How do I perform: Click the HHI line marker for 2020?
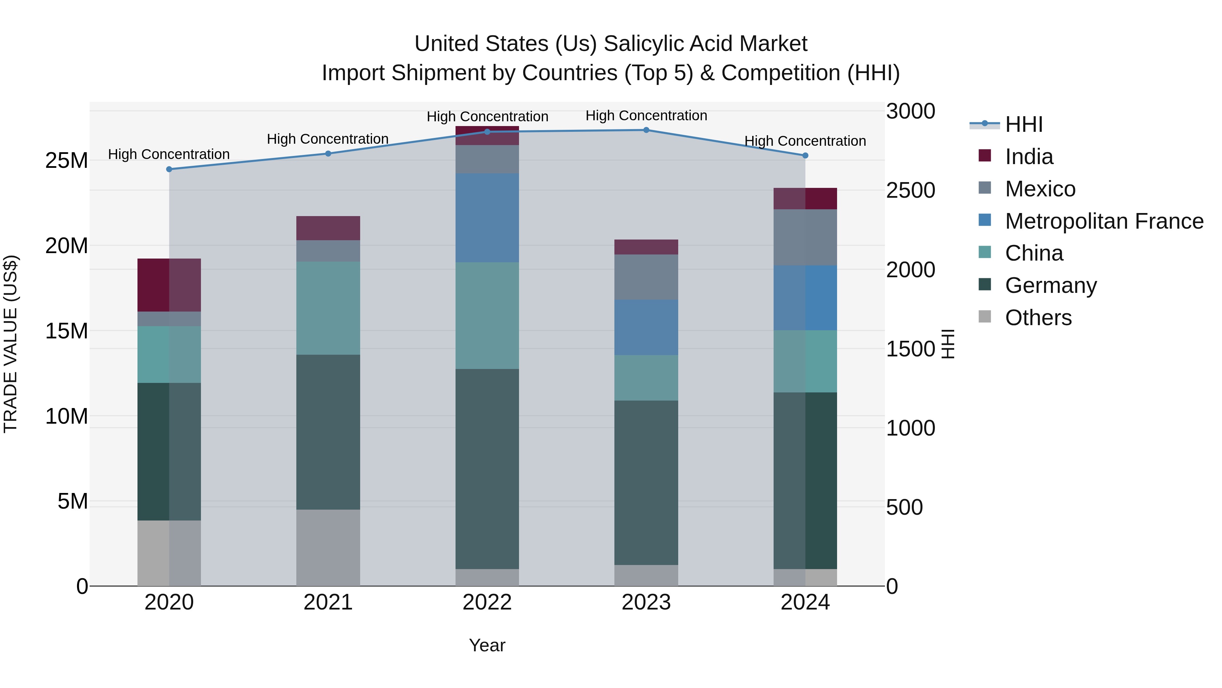coord(169,169)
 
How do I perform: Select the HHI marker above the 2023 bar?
coord(646,130)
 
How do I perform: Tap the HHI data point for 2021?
coord(328,153)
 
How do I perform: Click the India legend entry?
coord(1029,157)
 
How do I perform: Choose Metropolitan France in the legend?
coord(1104,221)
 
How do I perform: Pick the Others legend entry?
coord(1038,318)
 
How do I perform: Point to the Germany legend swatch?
coord(985,284)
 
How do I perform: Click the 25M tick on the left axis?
coord(67,160)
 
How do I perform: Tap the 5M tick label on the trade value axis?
coord(73,501)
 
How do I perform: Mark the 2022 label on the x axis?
coord(487,602)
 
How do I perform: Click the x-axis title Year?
coord(487,645)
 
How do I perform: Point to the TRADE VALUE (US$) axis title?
coord(11,344)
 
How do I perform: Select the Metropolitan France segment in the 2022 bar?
coord(487,217)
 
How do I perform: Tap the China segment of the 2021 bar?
coord(328,308)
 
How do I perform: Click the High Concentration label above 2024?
coord(805,141)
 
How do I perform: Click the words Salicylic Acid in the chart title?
coord(669,44)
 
